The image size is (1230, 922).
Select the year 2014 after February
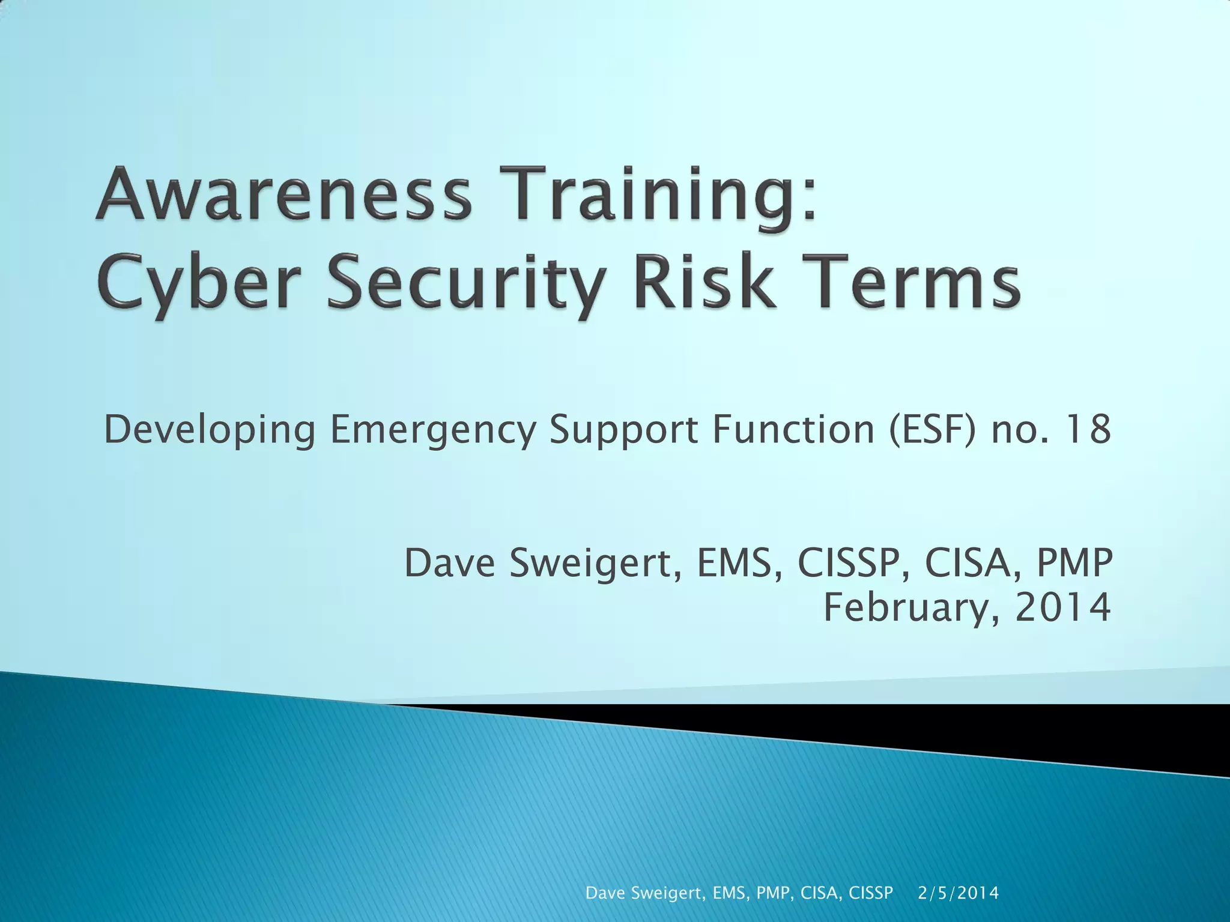click(x=1063, y=607)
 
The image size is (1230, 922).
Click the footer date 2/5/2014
click(x=959, y=893)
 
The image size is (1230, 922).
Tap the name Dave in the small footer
click(x=605, y=893)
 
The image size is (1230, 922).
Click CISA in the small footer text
click(x=822, y=893)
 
